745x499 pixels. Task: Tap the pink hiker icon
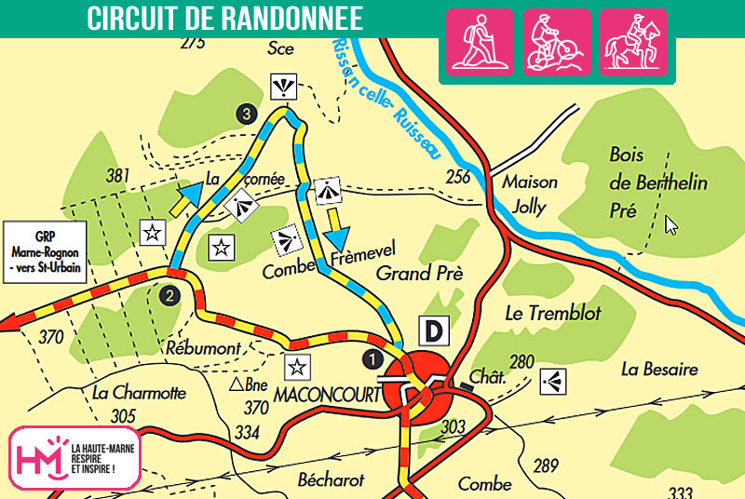[481, 42]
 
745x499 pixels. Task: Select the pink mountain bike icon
[556, 42]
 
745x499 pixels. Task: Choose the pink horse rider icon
[632, 42]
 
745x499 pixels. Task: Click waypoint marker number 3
[246, 114]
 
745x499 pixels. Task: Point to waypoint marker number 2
[169, 296]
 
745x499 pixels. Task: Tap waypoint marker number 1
[372, 357]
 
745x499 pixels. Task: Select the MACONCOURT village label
[327, 395]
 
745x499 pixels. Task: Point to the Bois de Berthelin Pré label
[657, 182]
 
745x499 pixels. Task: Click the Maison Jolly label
[529, 194]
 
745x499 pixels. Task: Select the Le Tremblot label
[552, 312]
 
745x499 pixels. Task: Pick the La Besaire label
[659, 370]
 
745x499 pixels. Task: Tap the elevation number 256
[458, 177]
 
